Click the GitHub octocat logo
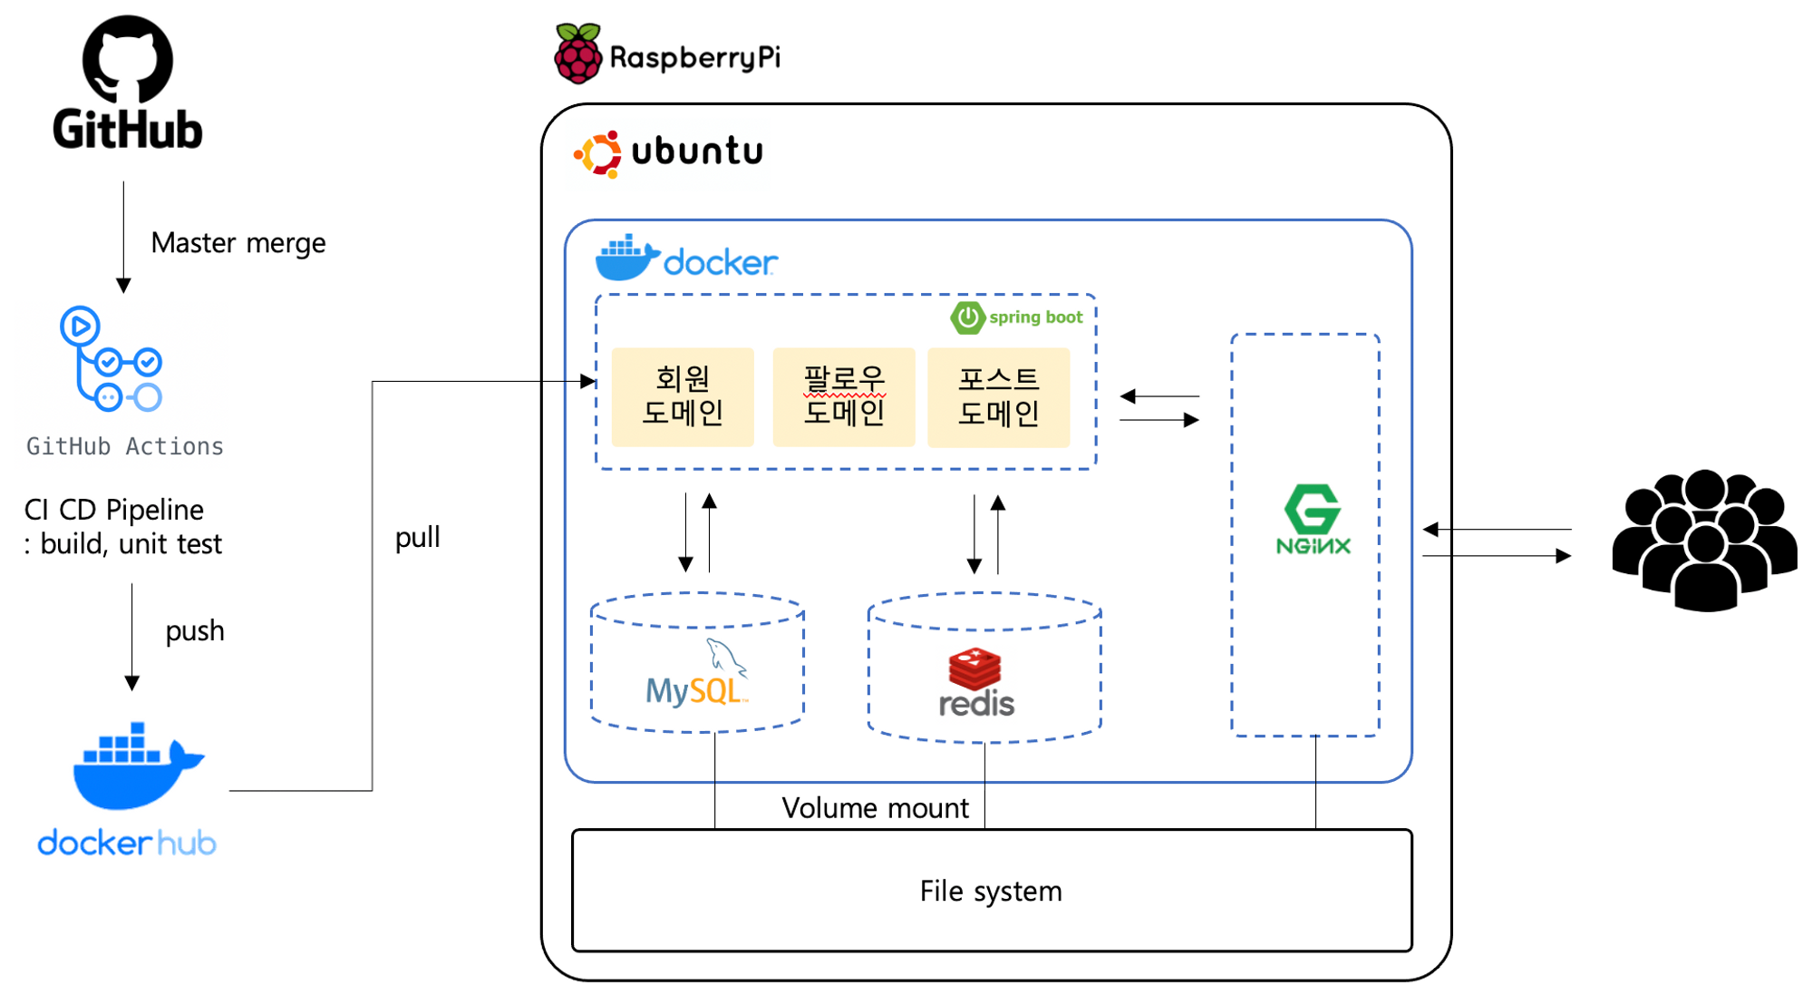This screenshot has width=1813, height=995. pos(127,58)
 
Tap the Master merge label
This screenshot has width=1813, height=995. pos(238,243)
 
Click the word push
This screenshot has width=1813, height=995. pos(194,630)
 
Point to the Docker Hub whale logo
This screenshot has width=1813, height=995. pos(136,766)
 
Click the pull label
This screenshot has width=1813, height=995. pos(417,537)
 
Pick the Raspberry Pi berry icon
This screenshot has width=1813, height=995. pos(577,54)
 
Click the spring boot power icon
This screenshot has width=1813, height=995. pos(967,317)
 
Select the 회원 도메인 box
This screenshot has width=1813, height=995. pos(683,396)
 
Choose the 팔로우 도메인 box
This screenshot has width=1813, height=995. pos(843,396)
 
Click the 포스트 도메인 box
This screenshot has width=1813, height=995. pos(998,396)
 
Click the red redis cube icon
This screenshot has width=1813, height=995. pos(974,668)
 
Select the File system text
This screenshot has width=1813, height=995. pos(990,891)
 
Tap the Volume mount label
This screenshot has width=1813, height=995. pos(875,807)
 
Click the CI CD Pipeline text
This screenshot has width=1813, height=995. pos(114,510)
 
